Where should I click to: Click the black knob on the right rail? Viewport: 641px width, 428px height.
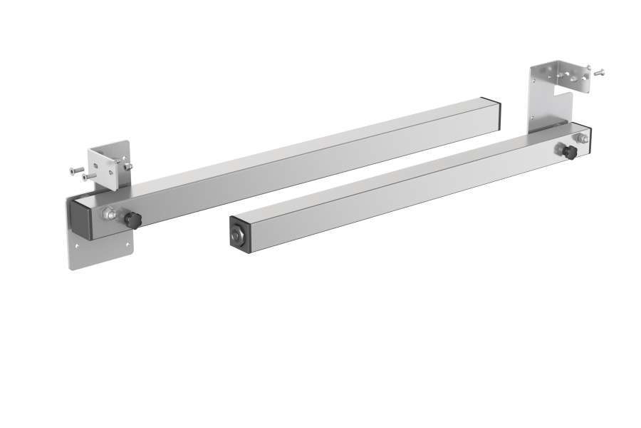tap(568, 151)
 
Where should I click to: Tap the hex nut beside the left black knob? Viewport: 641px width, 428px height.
tap(109, 214)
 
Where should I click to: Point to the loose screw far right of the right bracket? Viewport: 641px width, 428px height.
tap(599, 71)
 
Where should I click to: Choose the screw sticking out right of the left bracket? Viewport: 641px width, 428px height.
tap(127, 165)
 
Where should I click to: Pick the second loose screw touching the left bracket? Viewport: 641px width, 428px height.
tap(88, 175)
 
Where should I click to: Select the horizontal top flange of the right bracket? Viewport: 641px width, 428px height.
tap(563, 68)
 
